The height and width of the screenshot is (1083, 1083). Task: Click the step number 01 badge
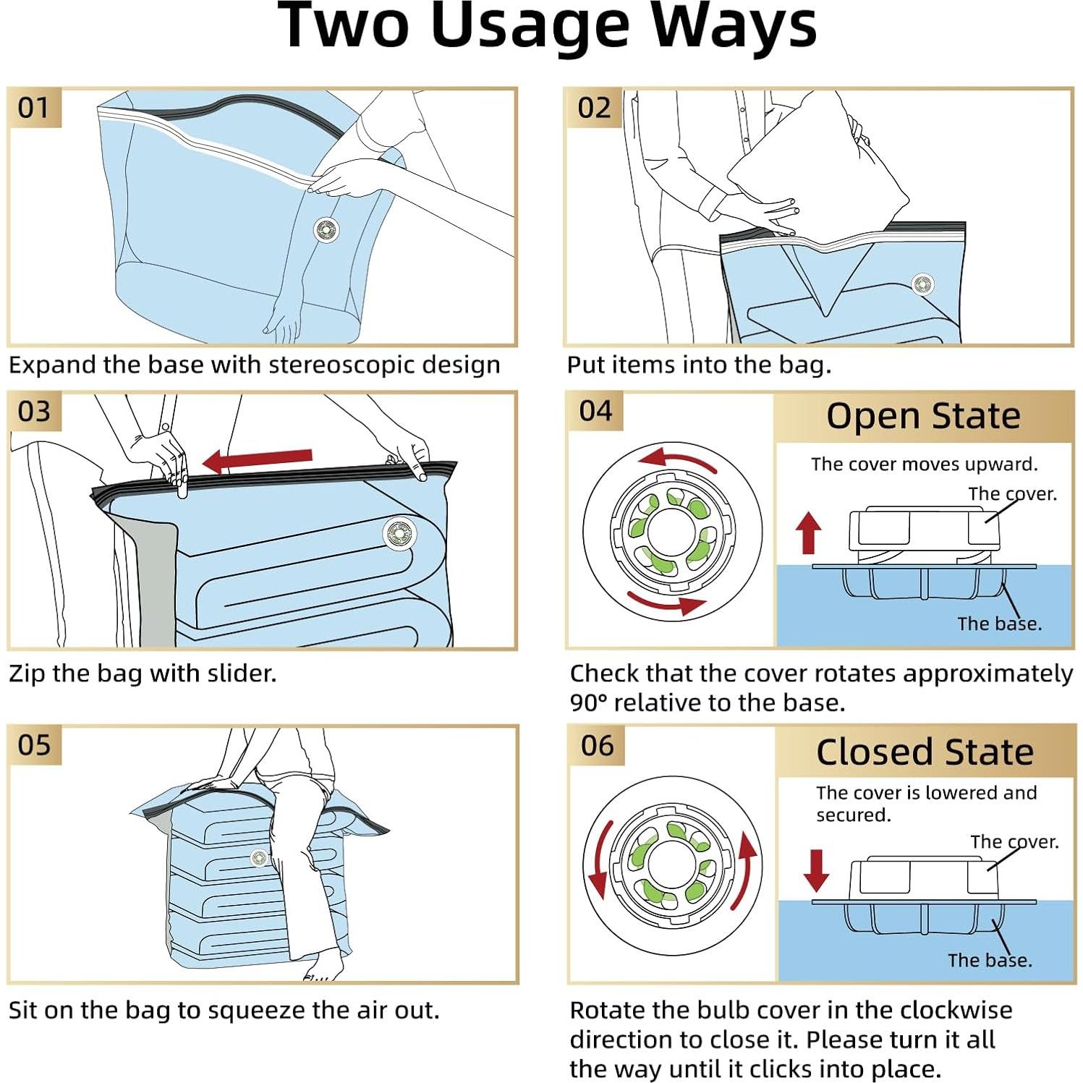click(33, 108)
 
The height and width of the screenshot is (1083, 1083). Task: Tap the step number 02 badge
click(594, 108)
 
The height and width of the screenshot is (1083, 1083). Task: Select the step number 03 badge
click(34, 412)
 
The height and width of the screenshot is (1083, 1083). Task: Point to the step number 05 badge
click(34, 745)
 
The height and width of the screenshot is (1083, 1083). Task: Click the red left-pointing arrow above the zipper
click(257, 460)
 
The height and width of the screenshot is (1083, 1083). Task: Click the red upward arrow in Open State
click(809, 533)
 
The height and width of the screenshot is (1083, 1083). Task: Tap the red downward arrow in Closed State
click(816, 870)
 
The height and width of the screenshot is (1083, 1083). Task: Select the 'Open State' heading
click(923, 416)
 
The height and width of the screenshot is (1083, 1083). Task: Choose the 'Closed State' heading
click(925, 752)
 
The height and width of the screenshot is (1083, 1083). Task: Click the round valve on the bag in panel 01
click(326, 230)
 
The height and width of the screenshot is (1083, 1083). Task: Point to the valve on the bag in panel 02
click(922, 284)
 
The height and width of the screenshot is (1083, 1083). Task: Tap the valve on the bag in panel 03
click(399, 535)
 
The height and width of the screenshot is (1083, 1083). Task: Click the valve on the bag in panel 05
click(258, 858)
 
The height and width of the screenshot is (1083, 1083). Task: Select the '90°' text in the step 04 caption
click(587, 702)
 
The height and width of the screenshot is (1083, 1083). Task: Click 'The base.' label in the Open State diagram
click(999, 624)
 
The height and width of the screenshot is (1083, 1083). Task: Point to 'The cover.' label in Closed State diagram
click(1014, 841)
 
